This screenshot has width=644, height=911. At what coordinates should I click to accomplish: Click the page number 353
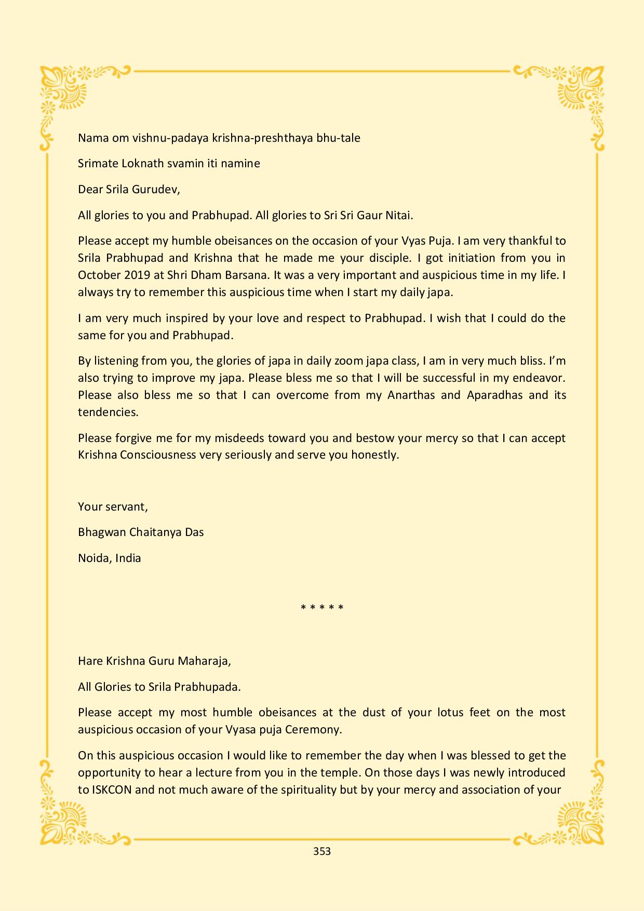click(322, 851)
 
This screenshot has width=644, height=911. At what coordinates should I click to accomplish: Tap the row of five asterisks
click(322, 607)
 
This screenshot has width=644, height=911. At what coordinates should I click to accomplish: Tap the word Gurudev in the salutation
click(156, 190)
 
